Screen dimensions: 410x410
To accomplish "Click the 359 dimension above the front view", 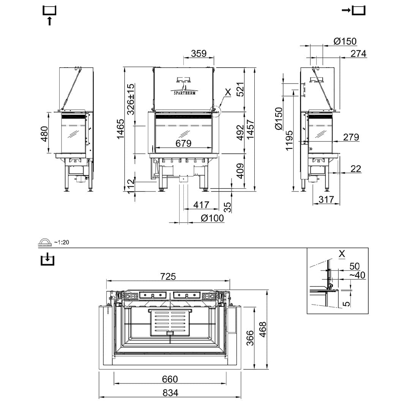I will click(199, 54).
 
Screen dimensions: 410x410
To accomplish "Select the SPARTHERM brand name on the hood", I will click(184, 93).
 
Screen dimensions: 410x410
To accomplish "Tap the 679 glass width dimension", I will click(183, 143).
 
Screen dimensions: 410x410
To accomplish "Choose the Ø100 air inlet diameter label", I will click(212, 218).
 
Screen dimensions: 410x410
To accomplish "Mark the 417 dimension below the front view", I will click(201, 205).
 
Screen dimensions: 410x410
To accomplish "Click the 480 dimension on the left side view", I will click(44, 134).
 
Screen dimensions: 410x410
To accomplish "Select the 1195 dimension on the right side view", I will click(290, 140).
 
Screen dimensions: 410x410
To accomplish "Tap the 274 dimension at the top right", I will click(358, 54).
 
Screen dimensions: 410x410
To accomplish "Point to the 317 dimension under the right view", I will click(326, 199).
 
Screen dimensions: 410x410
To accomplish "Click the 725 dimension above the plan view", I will click(168, 276).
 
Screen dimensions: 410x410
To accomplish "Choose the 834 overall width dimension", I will click(170, 393).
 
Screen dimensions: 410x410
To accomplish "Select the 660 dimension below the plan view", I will click(170, 379).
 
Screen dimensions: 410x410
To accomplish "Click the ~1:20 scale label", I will click(61, 242).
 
